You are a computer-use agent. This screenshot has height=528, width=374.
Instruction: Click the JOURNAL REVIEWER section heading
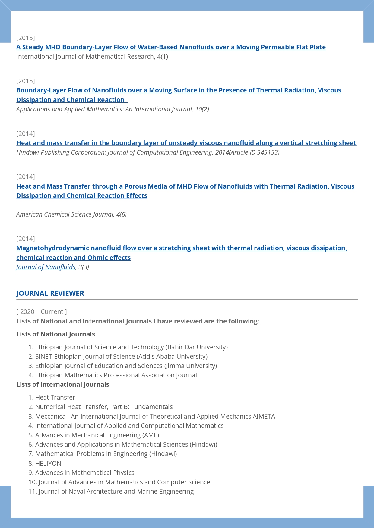click(50, 293)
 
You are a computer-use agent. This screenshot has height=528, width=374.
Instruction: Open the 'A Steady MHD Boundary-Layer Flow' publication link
click(171, 47)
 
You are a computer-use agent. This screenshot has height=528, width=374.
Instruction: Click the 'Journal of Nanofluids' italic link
click(46, 267)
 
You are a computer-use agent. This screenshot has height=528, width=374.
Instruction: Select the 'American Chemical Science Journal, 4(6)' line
click(71, 214)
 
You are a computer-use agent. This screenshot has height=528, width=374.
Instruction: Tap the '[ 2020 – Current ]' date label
click(42, 312)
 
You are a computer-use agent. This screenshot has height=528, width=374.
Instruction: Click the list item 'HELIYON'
click(48, 464)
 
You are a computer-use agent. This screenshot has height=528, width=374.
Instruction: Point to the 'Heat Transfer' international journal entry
click(55, 398)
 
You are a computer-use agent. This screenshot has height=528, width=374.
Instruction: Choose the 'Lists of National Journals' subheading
click(55, 334)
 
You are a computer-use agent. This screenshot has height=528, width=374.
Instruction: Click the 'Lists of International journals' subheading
click(63, 385)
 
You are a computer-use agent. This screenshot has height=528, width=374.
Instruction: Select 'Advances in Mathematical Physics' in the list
click(85, 473)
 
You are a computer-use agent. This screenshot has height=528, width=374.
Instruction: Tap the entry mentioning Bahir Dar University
click(131, 347)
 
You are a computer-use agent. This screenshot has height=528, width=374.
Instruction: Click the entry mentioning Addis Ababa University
click(121, 357)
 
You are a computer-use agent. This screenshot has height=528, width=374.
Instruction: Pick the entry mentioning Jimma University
click(126, 366)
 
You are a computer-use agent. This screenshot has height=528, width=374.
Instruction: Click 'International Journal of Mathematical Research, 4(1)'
click(92, 57)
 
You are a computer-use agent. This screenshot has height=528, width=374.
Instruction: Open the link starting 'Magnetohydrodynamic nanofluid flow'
click(182, 248)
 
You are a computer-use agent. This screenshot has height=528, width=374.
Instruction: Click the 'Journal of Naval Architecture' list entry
click(116, 492)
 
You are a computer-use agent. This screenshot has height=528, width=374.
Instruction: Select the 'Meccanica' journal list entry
click(155, 417)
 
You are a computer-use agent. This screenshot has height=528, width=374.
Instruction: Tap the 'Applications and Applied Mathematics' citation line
click(113, 109)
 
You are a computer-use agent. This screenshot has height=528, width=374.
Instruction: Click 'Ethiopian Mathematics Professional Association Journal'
click(116, 375)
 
